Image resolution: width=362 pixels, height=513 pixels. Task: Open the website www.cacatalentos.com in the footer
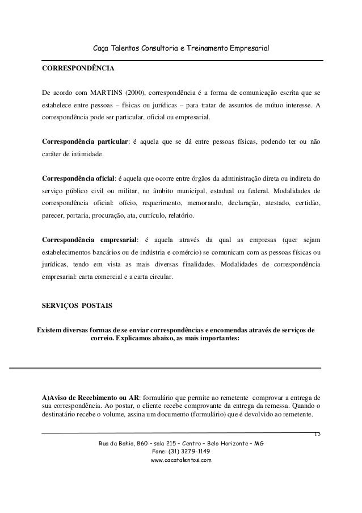(x=179, y=461)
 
